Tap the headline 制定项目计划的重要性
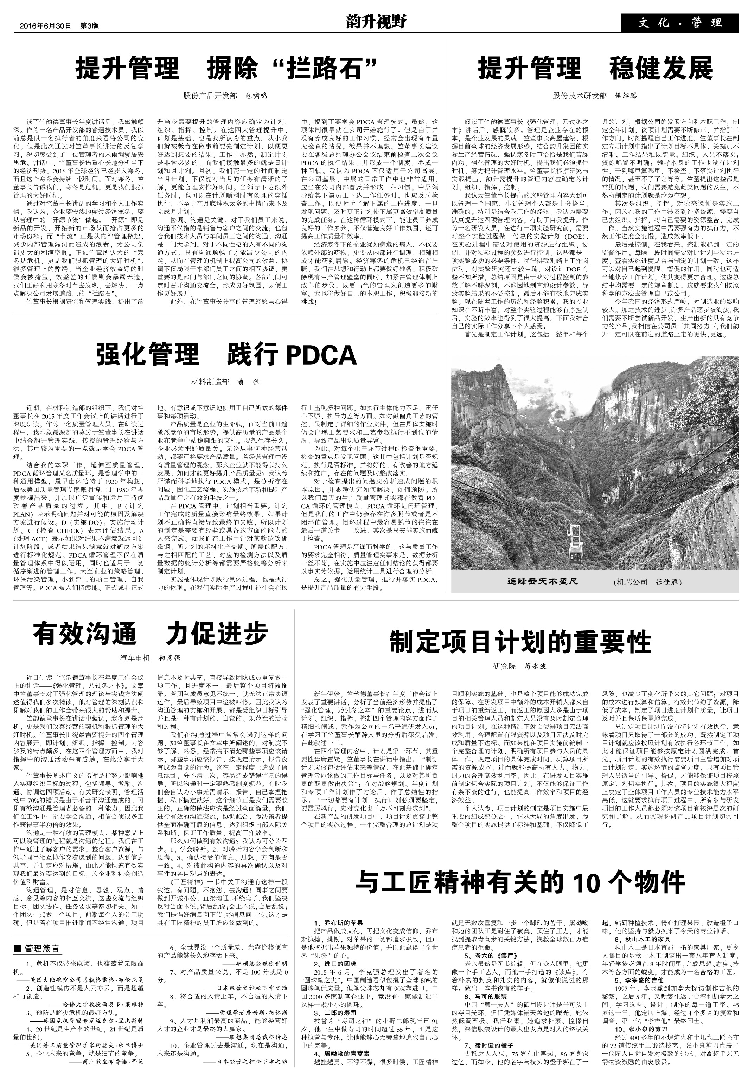point(520,642)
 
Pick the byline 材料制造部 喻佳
point(225,382)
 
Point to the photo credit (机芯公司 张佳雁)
point(647,582)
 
